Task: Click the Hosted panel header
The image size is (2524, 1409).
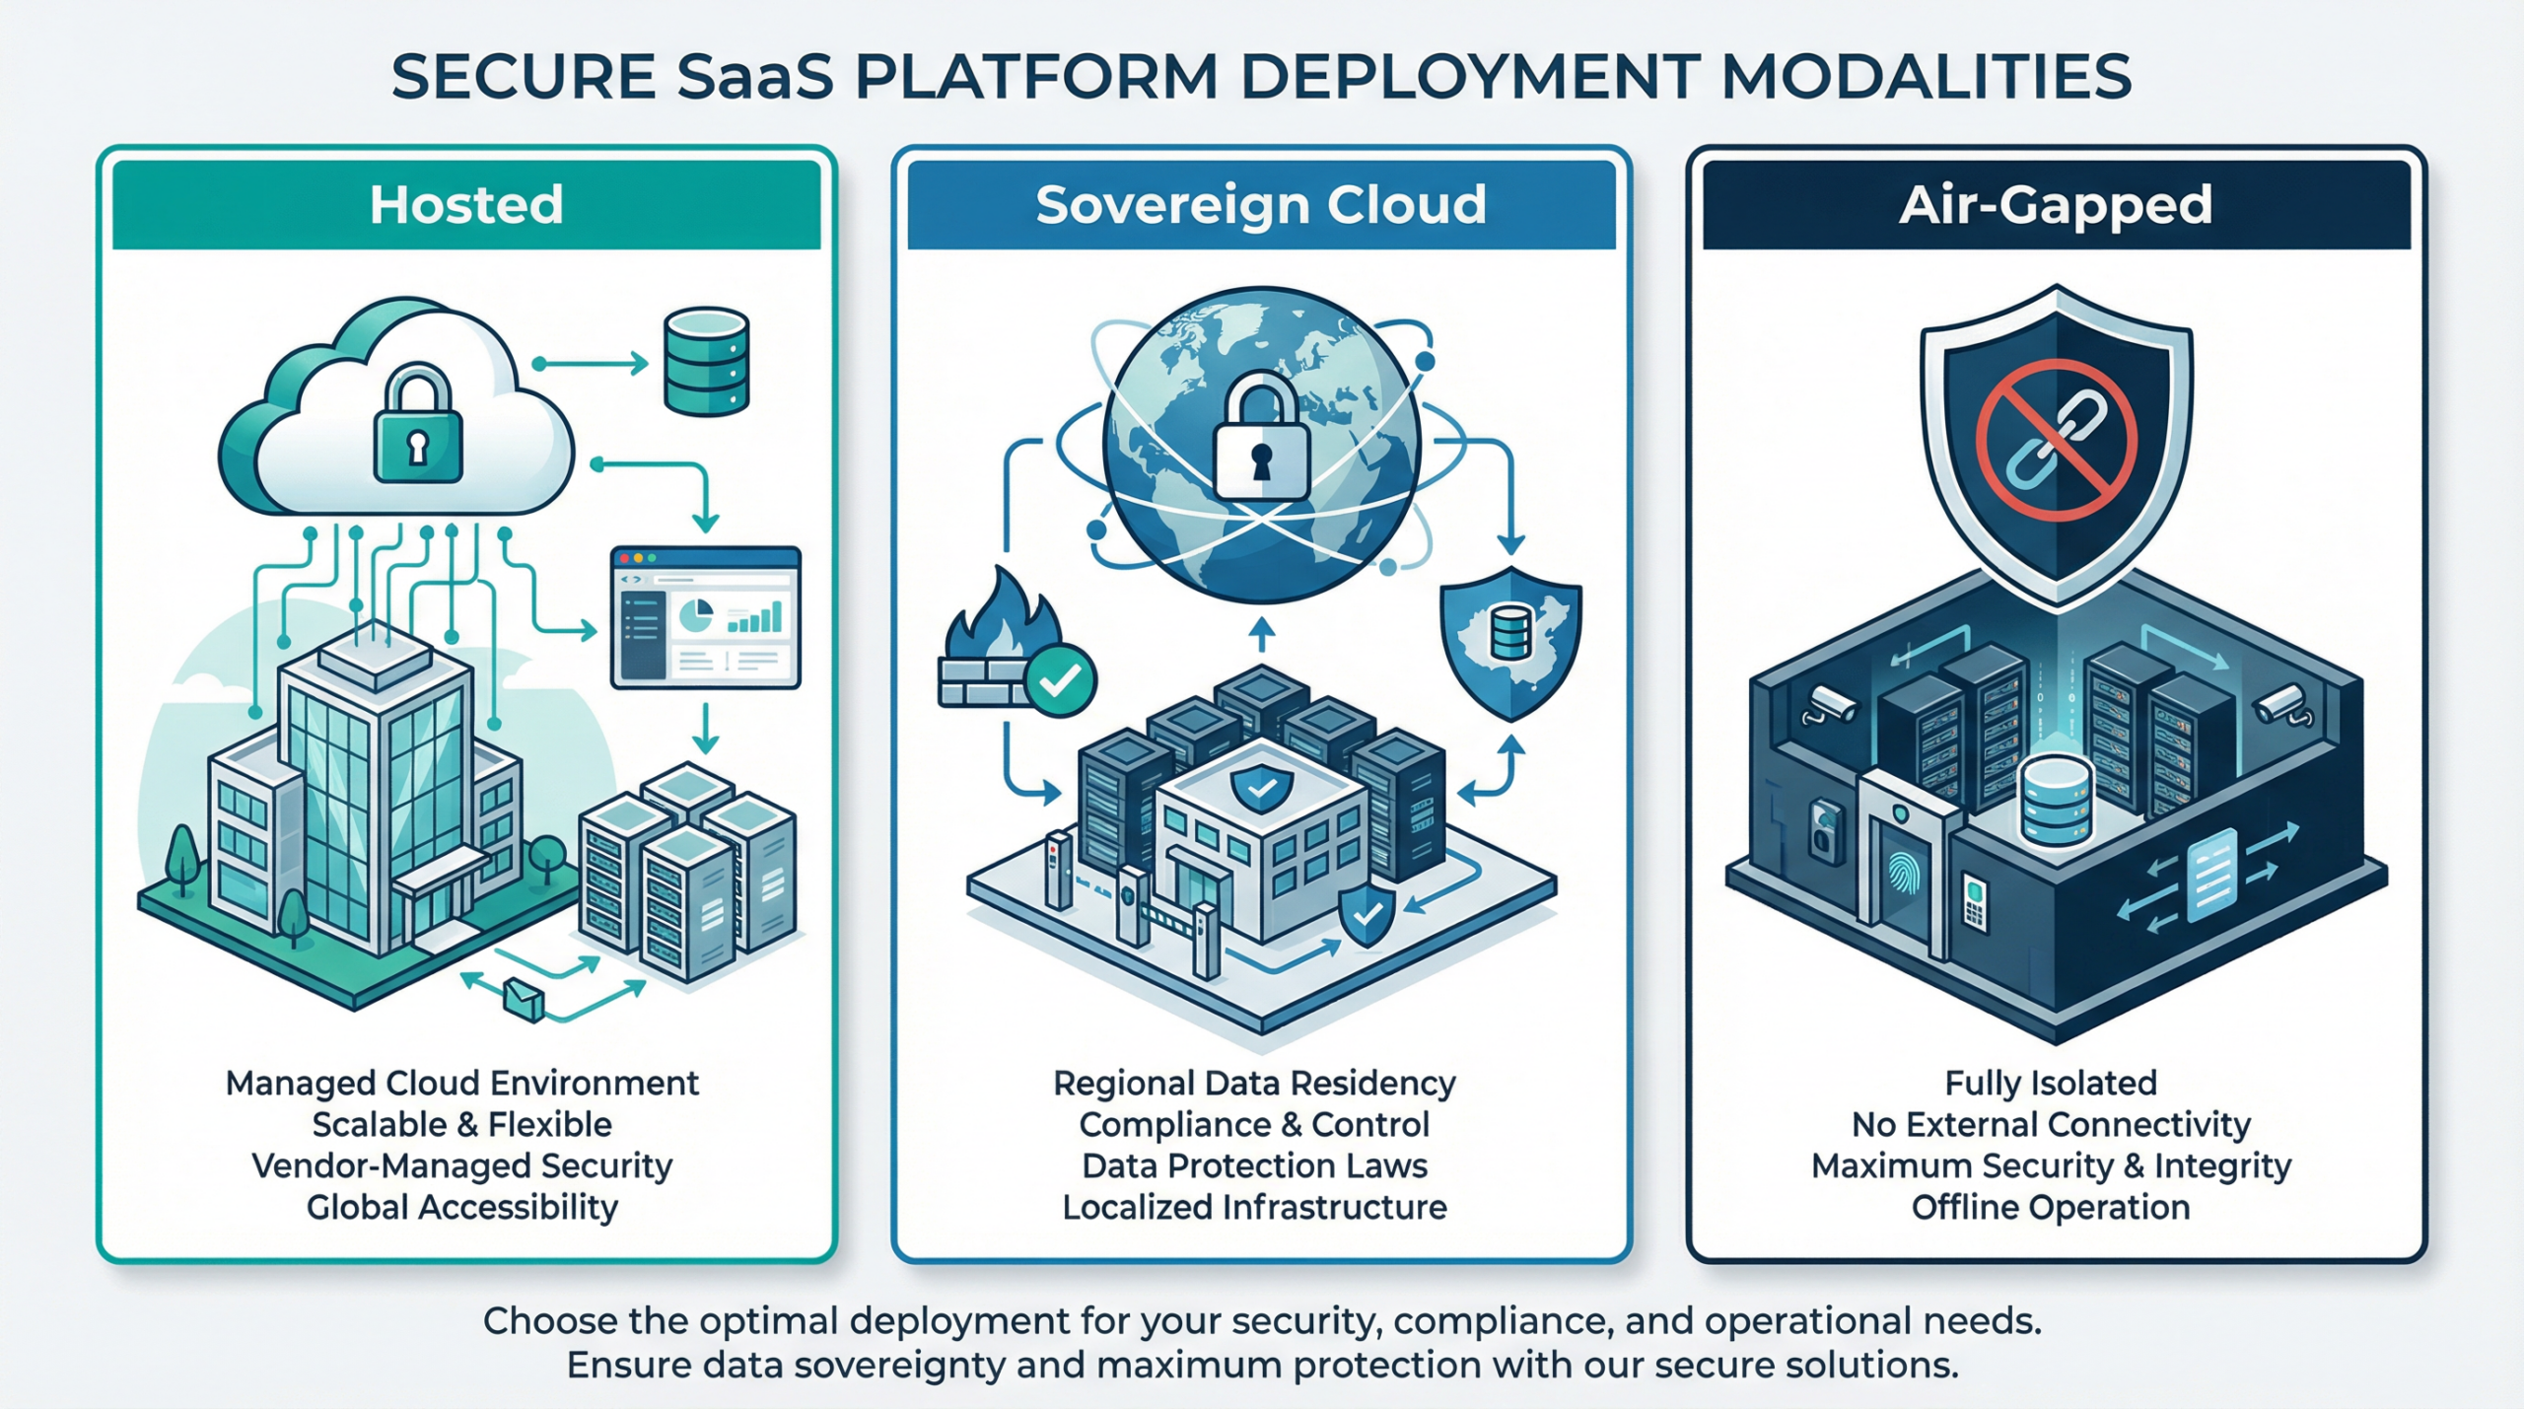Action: pos(466,205)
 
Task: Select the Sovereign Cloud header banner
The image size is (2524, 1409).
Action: pos(1261,205)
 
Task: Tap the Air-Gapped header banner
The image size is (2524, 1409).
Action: pos(2056,205)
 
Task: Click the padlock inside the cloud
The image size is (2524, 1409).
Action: pos(418,429)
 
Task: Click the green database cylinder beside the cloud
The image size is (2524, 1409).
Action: pos(706,362)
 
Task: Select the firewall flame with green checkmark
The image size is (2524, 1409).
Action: pos(1011,646)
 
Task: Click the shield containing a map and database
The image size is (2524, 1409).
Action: pos(1510,641)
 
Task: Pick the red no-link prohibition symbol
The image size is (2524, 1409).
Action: pos(2057,440)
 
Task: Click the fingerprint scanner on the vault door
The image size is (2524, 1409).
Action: pos(1903,874)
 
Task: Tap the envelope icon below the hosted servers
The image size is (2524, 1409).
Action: pos(523,999)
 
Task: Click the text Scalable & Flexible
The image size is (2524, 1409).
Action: pos(461,1124)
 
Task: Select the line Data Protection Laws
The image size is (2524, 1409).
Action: pos(1254,1165)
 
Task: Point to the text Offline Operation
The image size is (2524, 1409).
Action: pos(2051,1207)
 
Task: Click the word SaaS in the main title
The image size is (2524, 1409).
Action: pos(755,77)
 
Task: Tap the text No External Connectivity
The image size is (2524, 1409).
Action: pos(2051,1124)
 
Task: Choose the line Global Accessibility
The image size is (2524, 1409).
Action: pos(461,1207)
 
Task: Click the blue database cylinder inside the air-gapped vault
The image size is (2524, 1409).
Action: pos(2057,799)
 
